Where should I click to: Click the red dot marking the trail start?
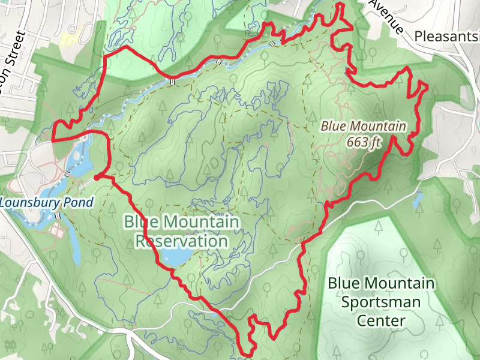click(97, 177)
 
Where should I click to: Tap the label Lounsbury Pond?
click(47, 202)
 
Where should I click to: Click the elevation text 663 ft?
click(364, 142)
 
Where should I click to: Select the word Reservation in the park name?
click(181, 241)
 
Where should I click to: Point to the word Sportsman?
click(380, 302)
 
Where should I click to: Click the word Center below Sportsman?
click(380, 321)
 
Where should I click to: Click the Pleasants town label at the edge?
click(447, 37)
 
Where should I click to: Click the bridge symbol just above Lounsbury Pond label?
click(68, 173)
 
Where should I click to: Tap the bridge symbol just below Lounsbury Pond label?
click(58, 215)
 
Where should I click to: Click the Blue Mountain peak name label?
click(364, 127)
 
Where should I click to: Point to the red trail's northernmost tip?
click(341, 5)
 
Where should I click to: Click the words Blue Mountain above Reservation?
click(181, 222)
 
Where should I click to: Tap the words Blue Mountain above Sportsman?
click(380, 283)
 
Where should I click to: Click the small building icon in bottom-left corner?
click(10, 344)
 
